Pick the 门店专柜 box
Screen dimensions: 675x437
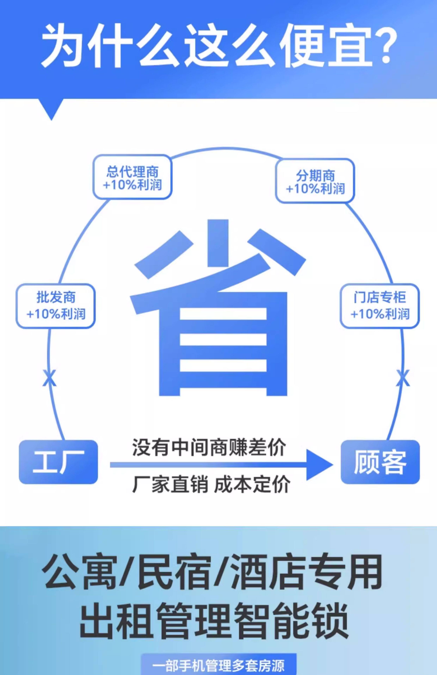point(380,306)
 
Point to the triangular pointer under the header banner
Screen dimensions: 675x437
point(51,109)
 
